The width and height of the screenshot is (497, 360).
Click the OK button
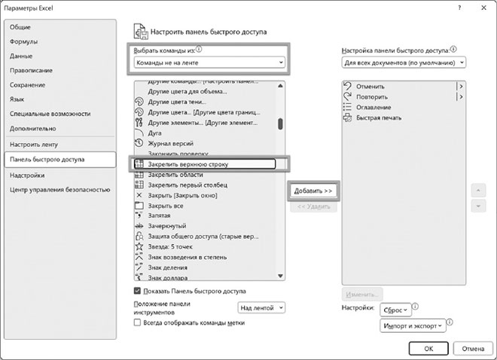click(428, 349)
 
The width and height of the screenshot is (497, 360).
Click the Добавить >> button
click(313, 191)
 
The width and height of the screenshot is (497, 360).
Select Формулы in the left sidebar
click(24, 41)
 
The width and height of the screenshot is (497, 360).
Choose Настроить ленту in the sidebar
click(34, 144)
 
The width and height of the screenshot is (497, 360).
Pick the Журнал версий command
click(172, 143)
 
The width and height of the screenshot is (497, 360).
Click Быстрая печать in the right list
click(379, 118)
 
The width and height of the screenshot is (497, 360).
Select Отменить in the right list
click(370, 87)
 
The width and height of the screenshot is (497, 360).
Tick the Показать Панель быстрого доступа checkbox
click(137, 291)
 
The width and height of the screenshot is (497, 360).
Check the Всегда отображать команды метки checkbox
click(137, 322)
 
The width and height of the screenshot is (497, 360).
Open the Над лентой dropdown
click(261, 307)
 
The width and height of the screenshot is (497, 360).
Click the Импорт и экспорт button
click(413, 326)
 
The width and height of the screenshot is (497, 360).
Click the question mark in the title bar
click(459, 7)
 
